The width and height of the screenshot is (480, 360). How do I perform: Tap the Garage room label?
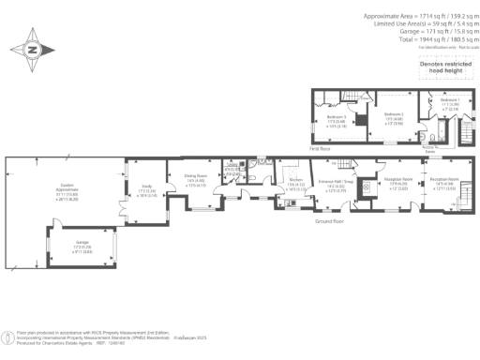coord(82,242)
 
